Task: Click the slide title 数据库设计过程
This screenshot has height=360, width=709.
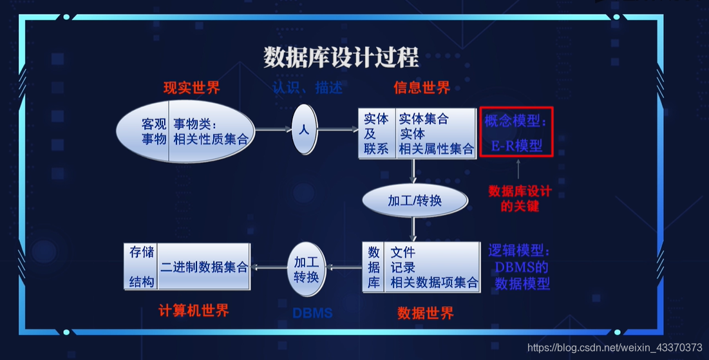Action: pyautogui.click(x=341, y=57)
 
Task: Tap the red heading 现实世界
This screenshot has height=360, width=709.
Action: pyautogui.click(x=191, y=88)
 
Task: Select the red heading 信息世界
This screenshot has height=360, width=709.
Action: pyautogui.click(x=422, y=88)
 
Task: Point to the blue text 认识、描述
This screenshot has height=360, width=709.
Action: pyautogui.click(x=307, y=88)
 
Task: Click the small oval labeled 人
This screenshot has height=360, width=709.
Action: pyautogui.click(x=304, y=129)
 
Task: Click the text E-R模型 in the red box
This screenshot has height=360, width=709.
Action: pyautogui.click(x=516, y=146)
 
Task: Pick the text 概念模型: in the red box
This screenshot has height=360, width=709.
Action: pyautogui.click(x=516, y=122)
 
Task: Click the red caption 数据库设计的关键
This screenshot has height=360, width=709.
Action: pyautogui.click(x=520, y=198)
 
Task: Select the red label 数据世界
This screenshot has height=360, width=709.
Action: pyautogui.click(x=425, y=313)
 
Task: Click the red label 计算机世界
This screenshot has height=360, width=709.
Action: pyautogui.click(x=193, y=310)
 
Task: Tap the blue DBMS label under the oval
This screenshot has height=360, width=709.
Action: pyautogui.click(x=312, y=314)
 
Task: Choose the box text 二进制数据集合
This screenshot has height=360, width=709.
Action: pyautogui.click(x=204, y=267)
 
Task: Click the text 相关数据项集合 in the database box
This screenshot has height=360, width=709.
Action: pyautogui.click(x=435, y=282)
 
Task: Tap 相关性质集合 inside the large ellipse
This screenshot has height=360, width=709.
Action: pyautogui.click(x=210, y=138)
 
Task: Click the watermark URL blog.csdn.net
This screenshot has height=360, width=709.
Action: pyautogui.click(x=614, y=348)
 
